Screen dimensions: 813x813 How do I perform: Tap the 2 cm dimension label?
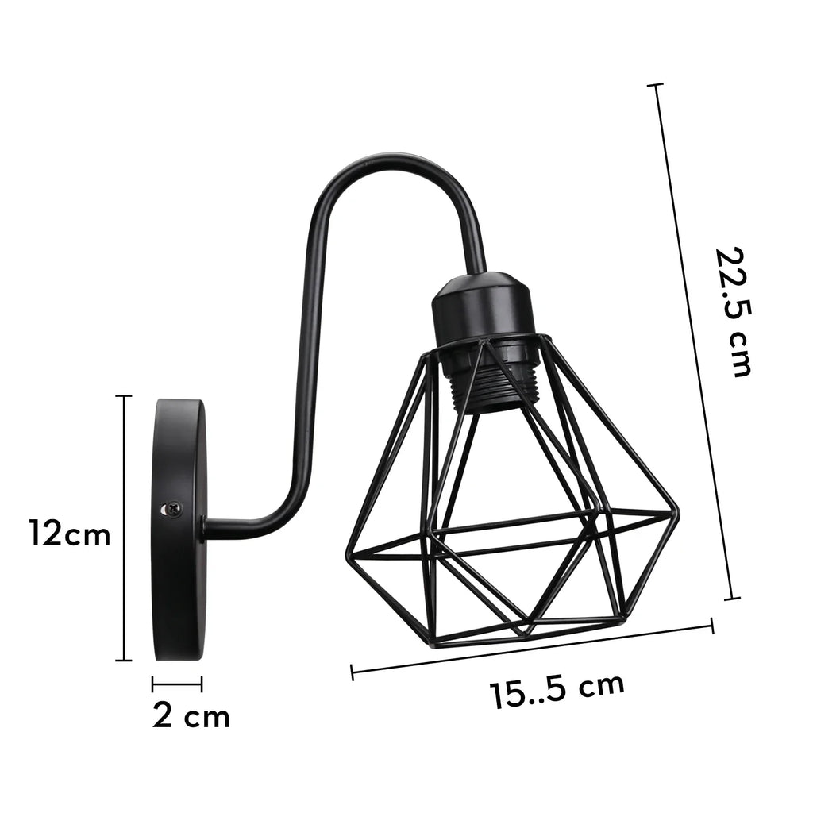point(191,716)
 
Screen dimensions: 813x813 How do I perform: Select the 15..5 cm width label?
point(557,690)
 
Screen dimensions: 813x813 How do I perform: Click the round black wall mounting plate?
point(179,529)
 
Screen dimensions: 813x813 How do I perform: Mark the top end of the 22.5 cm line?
point(655,84)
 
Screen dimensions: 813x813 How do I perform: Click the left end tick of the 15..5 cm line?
point(352,672)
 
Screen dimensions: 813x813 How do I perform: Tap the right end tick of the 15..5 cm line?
point(711,626)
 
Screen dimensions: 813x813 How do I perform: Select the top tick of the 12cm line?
point(123,396)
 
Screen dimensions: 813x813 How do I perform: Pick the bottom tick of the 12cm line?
point(123,660)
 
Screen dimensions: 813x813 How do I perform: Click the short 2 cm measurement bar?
point(177,682)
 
